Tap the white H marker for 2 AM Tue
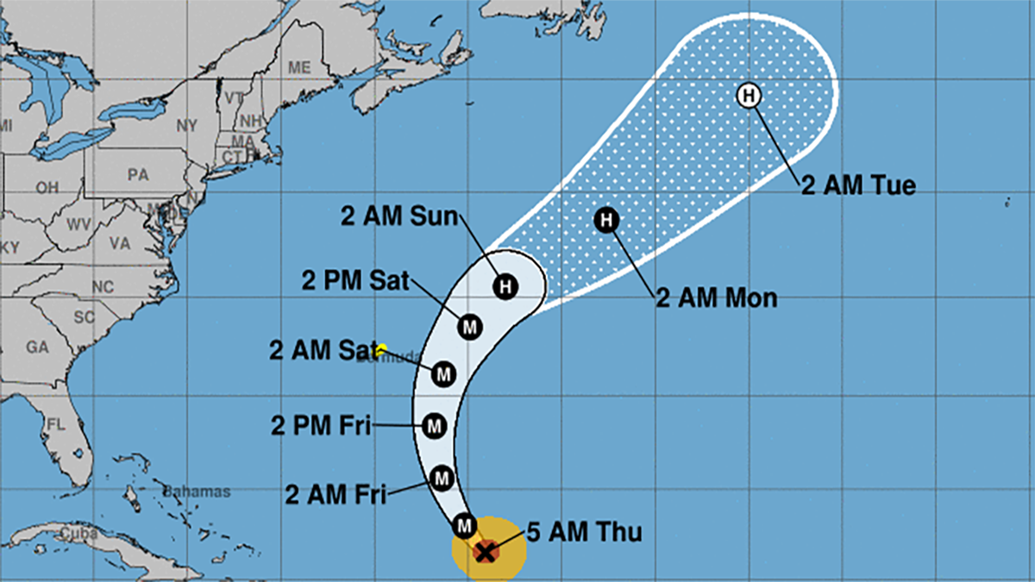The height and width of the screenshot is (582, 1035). tap(748, 95)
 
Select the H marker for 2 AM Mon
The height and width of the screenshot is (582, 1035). tap(607, 220)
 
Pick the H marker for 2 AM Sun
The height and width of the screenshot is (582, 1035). tap(505, 285)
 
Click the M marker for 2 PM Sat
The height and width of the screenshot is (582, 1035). tap(469, 327)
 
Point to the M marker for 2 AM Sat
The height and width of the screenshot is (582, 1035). tap(443, 374)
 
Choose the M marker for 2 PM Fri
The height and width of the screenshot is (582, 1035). tap(435, 425)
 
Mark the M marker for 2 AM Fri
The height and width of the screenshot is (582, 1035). tap(442, 477)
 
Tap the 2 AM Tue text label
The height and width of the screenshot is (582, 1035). tap(857, 185)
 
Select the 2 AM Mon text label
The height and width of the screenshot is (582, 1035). tap(717, 299)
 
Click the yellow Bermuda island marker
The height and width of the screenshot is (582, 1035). tap(381, 349)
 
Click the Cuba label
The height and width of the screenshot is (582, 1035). tap(77, 535)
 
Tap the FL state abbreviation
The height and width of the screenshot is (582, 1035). tap(57, 425)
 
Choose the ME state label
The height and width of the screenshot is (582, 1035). tap(299, 67)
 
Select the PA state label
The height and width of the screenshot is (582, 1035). tap(138, 174)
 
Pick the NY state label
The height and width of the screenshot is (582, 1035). tap(187, 126)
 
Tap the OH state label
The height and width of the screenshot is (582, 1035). tap(47, 187)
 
